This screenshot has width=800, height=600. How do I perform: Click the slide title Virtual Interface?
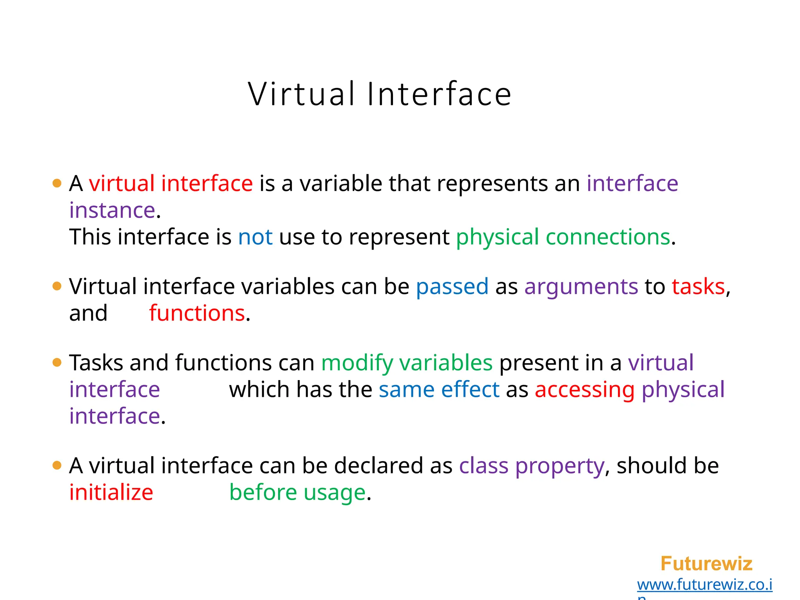(x=380, y=94)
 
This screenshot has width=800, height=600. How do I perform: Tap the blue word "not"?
(x=255, y=237)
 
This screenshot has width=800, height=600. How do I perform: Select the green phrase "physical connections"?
(x=563, y=237)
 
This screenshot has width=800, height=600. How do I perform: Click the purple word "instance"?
(x=112, y=211)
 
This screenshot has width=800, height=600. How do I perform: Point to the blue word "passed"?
(x=452, y=287)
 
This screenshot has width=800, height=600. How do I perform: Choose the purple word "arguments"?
(x=581, y=287)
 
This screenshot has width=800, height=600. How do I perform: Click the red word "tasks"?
(x=698, y=287)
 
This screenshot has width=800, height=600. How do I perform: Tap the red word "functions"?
(x=197, y=313)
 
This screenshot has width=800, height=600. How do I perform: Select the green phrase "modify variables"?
(x=407, y=363)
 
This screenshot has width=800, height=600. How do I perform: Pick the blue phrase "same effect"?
(x=439, y=389)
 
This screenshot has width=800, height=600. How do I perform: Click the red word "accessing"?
(x=585, y=389)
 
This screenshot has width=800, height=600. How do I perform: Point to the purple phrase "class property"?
(x=532, y=466)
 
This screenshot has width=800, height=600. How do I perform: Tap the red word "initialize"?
(x=111, y=492)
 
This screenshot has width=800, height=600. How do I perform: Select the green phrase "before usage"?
(x=298, y=492)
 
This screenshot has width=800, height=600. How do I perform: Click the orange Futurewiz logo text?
(x=706, y=564)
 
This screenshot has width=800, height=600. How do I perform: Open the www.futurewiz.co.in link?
(x=705, y=585)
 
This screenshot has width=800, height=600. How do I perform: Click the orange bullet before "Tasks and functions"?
(x=57, y=363)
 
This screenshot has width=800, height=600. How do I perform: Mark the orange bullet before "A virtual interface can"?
(x=57, y=466)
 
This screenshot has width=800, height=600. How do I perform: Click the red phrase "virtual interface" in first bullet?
(x=171, y=184)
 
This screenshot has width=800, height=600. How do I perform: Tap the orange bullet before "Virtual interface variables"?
(x=57, y=287)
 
